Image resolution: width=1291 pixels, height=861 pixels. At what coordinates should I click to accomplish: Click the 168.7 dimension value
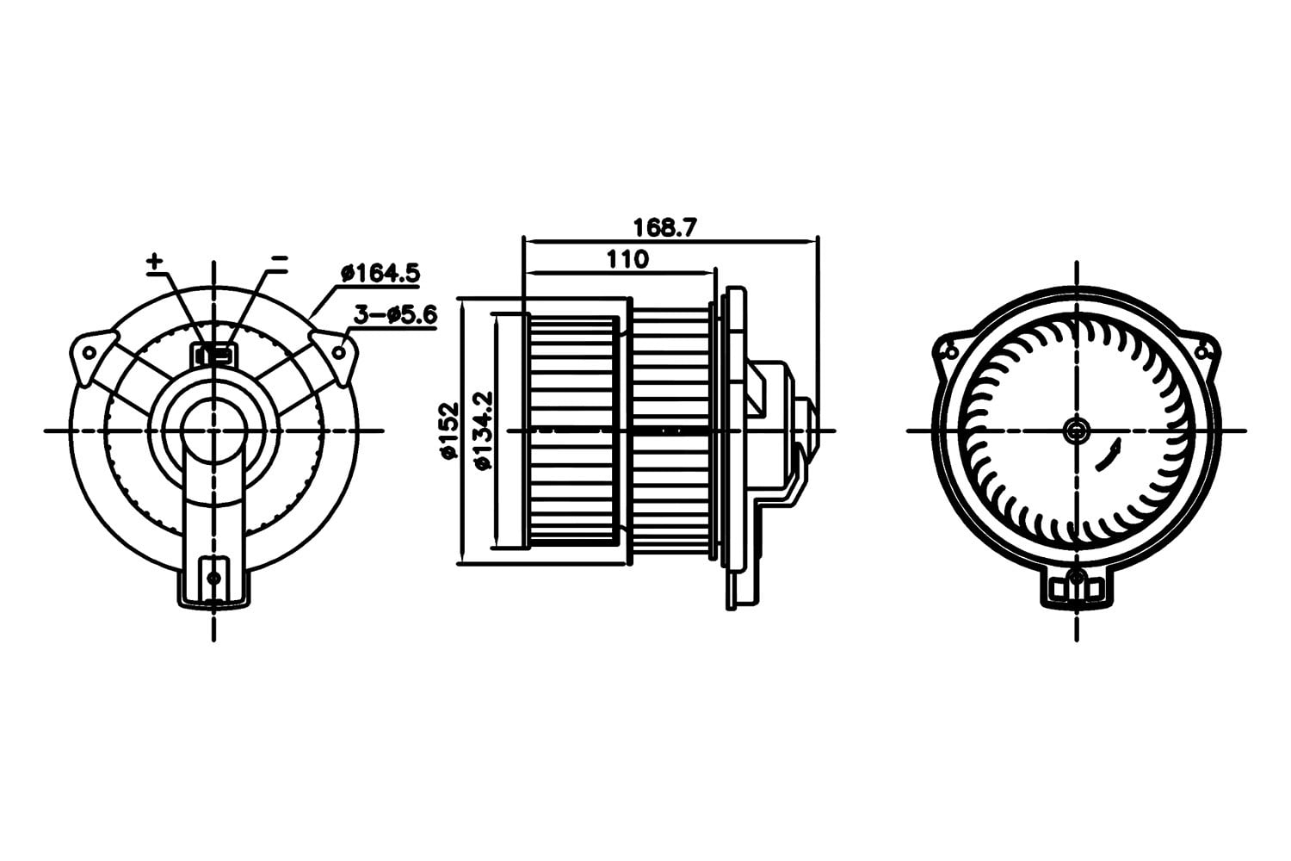point(665,227)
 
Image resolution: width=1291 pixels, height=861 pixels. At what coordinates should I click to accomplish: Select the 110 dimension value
point(627,259)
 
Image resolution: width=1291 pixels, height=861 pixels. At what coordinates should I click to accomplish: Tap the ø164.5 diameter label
point(380,273)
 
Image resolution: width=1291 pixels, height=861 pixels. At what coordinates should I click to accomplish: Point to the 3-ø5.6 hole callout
point(395,315)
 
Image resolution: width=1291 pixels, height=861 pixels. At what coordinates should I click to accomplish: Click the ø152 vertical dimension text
point(449,430)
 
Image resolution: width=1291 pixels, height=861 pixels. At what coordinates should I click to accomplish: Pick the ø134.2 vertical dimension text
point(482,430)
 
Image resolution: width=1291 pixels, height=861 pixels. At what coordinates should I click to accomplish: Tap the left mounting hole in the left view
point(90,352)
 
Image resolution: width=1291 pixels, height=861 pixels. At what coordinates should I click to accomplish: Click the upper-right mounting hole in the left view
point(340,351)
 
